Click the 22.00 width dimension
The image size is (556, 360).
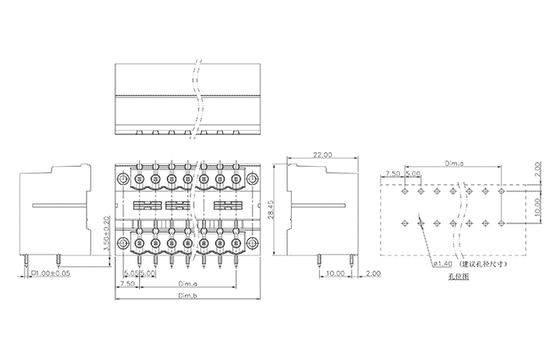point(322,155)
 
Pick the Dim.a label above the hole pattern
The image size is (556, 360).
point(455,164)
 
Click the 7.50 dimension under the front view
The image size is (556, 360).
point(127,284)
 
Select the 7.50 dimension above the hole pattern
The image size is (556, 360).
point(392,174)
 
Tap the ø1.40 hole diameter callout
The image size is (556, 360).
point(443,264)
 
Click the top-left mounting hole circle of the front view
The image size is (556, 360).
point(123,178)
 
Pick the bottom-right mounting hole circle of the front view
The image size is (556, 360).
point(253,242)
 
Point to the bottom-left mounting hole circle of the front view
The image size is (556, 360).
point(123,242)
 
